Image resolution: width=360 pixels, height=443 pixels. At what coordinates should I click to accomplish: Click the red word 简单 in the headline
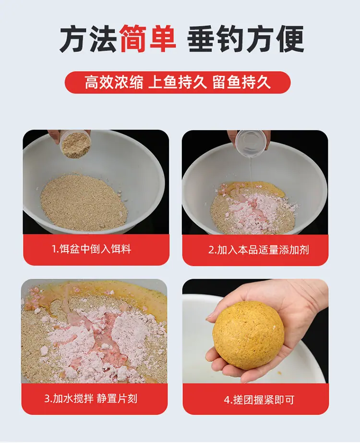tap(148, 39)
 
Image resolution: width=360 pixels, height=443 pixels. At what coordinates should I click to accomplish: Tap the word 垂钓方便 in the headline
tap(245, 39)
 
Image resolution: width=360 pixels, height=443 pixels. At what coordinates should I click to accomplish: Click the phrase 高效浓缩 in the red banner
tap(114, 82)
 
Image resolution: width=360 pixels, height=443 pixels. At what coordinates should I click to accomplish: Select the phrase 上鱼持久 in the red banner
tap(178, 82)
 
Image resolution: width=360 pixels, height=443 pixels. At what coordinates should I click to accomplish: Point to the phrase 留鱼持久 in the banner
tap(241, 82)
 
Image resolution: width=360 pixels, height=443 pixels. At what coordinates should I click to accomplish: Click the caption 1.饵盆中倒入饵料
tap(91, 249)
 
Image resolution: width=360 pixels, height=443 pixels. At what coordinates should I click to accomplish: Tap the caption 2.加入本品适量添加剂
tap(259, 250)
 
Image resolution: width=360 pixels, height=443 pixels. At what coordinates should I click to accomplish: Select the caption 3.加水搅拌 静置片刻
tap(91, 399)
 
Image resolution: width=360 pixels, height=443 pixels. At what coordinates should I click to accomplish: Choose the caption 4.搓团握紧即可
tap(259, 400)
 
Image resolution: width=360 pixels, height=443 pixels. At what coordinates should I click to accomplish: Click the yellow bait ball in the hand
tap(248, 335)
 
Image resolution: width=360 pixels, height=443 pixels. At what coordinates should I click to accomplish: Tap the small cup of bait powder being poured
tap(75, 144)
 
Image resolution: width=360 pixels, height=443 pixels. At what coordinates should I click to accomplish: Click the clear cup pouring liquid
tap(252, 144)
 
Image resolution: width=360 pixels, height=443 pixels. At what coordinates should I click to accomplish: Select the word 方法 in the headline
tap(87, 39)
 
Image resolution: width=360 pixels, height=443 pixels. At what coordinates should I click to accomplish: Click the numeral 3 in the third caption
tap(47, 399)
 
